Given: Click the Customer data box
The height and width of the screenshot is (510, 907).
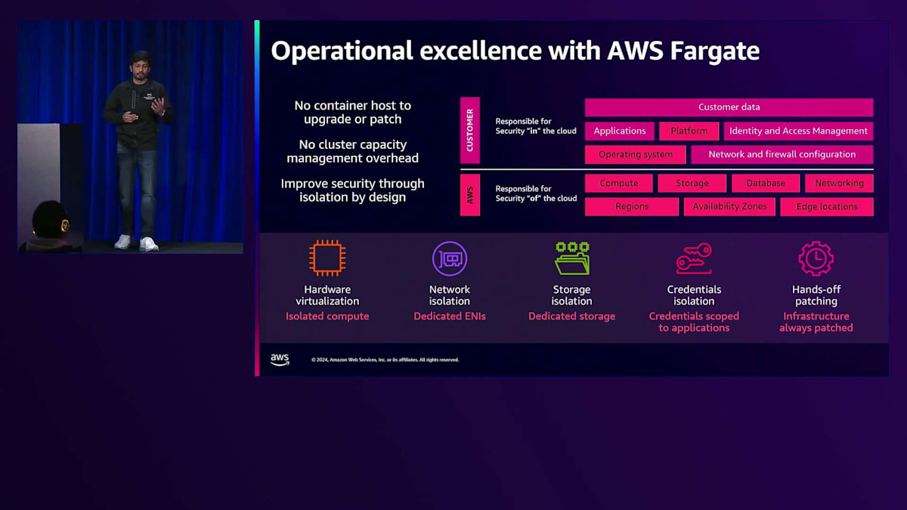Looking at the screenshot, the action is [729, 107].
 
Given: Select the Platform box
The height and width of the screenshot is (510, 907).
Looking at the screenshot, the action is [689, 131].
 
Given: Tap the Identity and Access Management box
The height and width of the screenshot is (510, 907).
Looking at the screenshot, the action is [798, 131].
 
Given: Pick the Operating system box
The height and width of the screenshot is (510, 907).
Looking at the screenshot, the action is [636, 154].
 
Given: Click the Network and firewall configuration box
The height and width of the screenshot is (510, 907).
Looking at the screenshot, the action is [782, 154].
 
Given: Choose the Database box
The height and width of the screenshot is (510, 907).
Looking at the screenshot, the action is [766, 183].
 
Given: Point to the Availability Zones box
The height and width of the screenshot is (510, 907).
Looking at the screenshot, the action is [729, 206].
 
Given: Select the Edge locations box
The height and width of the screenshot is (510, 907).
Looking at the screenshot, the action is [826, 206].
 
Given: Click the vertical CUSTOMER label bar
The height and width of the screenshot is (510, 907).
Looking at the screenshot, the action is [469, 130].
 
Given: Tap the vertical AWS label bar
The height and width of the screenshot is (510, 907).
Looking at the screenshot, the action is [469, 195].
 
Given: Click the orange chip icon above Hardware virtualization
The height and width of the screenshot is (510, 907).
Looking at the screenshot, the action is [327, 258].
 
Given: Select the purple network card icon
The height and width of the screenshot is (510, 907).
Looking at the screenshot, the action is [450, 258].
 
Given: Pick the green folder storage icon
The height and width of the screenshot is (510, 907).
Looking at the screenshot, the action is [572, 258].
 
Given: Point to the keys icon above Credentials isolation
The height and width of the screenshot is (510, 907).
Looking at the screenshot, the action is [694, 258].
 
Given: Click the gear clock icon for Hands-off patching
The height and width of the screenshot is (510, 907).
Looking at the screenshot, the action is [816, 258].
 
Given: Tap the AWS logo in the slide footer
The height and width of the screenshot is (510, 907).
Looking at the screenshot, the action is [280, 360].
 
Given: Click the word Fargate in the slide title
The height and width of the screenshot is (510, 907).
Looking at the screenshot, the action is [715, 51].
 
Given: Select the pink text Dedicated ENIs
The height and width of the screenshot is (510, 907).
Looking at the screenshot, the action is [450, 316].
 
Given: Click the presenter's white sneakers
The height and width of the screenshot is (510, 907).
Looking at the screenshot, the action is [137, 243].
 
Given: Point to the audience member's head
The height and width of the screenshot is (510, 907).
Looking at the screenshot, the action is [50, 221].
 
